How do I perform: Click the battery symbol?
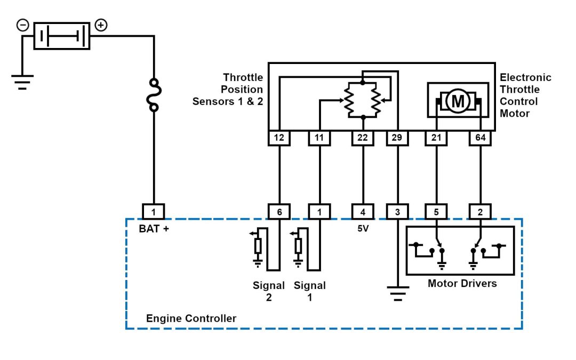pos(62,36)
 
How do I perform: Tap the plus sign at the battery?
pos(100,25)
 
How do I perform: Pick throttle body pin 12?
pos(279,138)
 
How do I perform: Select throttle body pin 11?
pos(319,138)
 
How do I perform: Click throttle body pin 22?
pos(362,138)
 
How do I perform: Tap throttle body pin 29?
pos(397,138)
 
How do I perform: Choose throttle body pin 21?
pos(436,138)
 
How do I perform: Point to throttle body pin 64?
pos(480,138)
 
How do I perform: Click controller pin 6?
pos(279,212)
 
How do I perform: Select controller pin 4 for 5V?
pos(362,212)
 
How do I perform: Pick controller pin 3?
pos(397,212)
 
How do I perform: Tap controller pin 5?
pos(436,212)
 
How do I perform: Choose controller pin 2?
pos(480,212)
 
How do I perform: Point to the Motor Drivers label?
pos(462,283)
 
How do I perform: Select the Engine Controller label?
pos(191,318)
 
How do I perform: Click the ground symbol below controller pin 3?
pos(397,293)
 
